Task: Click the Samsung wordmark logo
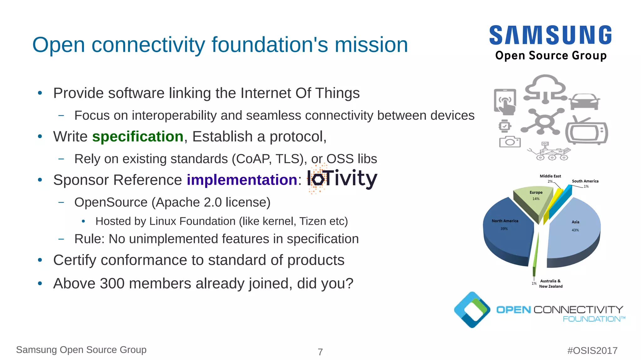[x=551, y=35]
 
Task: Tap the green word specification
[x=138, y=137]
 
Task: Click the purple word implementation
[x=242, y=180]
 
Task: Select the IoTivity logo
[x=342, y=179]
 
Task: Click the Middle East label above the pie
[x=550, y=176]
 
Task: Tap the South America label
[x=585, y=181]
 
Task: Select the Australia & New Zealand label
[x=551, y=284]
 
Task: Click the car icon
[x=584, y=102]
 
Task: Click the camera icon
[x=510, y=142]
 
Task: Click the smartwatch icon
[x=505, y=126]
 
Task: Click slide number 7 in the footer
[x=320, y=352]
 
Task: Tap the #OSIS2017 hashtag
[x=592, y=351]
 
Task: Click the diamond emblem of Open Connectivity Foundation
[x=472, y=310]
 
